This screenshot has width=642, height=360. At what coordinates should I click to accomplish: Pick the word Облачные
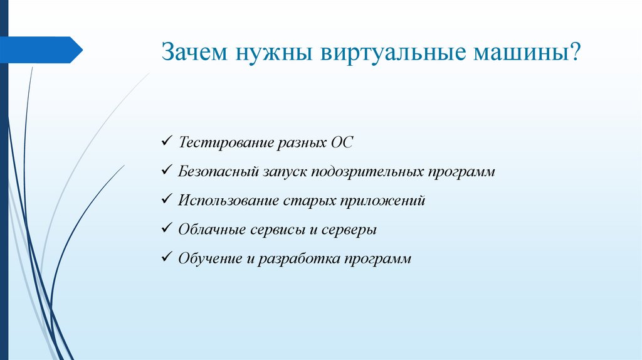tap(208, 230)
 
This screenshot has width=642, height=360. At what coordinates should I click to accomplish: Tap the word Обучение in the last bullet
tap(208, 258)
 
